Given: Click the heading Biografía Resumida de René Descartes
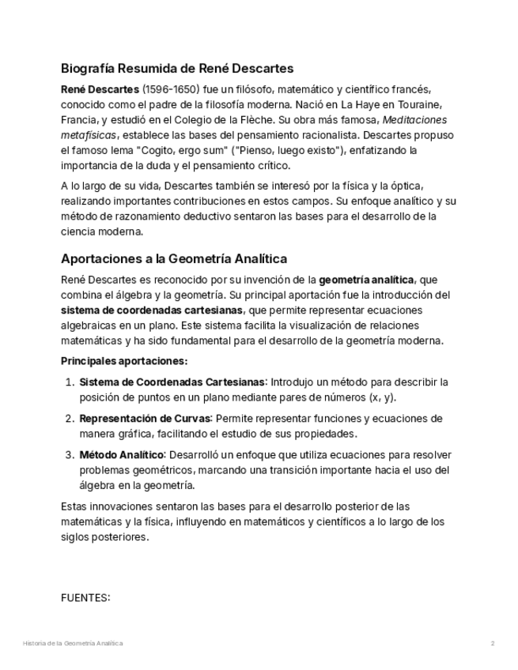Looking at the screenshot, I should (177, 68).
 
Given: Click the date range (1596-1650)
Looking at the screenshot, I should (172, 89).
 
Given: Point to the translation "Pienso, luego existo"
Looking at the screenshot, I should (274, 150).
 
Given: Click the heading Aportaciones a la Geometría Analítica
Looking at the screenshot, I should (174, 258).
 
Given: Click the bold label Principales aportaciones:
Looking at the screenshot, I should (124, 360).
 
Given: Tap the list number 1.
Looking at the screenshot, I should (68, 382).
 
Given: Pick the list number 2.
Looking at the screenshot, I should (68, 419).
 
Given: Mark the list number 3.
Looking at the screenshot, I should (68, 455).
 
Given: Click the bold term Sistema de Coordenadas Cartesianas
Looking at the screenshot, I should (173, 382).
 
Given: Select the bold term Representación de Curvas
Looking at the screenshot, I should (145, 419).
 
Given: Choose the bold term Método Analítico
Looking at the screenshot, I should (122, 455).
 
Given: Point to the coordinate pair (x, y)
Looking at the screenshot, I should (382, 397).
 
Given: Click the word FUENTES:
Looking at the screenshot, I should (85, 597).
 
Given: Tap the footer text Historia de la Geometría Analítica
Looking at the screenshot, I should (74, 644).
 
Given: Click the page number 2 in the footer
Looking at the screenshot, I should (492, 644).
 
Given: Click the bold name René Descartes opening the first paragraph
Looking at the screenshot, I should (100, 89).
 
